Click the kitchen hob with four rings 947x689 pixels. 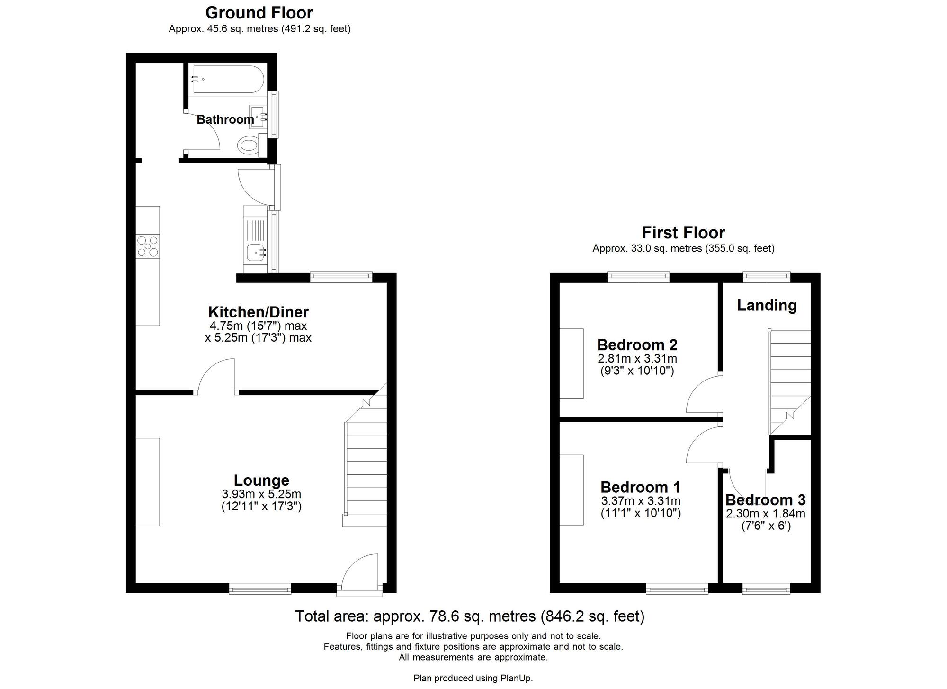point(148,246)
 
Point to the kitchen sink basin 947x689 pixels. point(256,253)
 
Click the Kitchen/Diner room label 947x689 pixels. point(259,312)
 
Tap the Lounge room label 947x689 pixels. point(261,480)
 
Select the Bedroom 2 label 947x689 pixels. point(637,344)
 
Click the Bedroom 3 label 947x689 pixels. point(766,500)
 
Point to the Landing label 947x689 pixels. point(767,305)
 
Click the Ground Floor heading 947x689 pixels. point(259,12)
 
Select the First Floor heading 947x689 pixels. point(683,232)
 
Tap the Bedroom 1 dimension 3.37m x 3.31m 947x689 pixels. point(641,501)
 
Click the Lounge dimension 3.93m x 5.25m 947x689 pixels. point(261,494)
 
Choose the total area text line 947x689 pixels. point(470,616)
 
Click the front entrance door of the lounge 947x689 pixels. point(359,575)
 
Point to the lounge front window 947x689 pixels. point(260,589)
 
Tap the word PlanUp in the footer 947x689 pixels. point(516,678)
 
